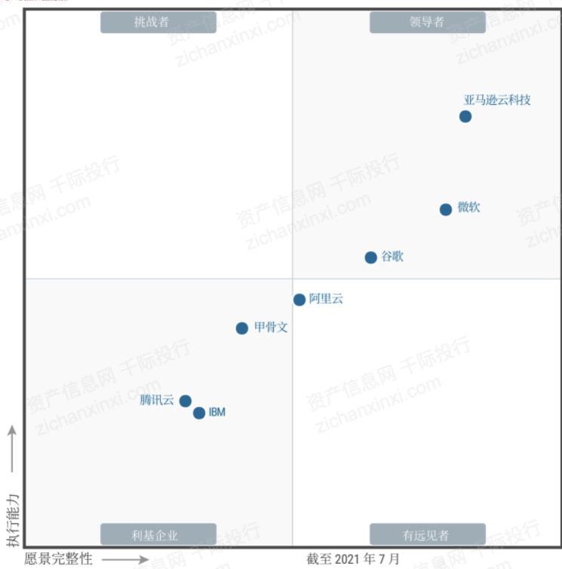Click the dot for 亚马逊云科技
(465, 116)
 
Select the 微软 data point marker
(446, 209)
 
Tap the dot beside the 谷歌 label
(370, 257)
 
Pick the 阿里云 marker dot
(299, 300)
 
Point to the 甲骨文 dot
(241, 328)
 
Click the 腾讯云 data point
(185, 401)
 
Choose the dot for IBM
(199, 413)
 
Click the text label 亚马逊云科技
(497, 100)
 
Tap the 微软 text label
(468, 208)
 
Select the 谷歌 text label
(392, 257)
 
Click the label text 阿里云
(326, 299)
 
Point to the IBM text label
(217, 413)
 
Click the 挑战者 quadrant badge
(158, 22)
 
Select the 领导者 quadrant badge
(427, 22)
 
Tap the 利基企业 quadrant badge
(158, 535)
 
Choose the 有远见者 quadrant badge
(427, 535)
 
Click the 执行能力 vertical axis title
(12, 521)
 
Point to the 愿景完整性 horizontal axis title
(58, 559)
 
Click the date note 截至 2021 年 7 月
(353, 559)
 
